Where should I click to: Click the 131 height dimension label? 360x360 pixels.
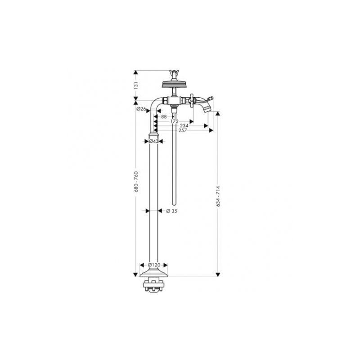pos(136,85)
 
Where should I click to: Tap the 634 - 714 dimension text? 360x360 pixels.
pos(218,196)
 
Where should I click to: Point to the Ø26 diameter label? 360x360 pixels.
pos(141,109)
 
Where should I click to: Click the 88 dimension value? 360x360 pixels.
pos(164,117)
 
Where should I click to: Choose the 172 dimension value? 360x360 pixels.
pos(175,121)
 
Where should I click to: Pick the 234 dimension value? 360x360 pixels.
pos(184,126)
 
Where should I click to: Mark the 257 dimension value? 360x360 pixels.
pos(183,130)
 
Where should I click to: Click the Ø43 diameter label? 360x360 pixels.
pos(153,141)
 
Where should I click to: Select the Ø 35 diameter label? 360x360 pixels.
pos(172,211)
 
